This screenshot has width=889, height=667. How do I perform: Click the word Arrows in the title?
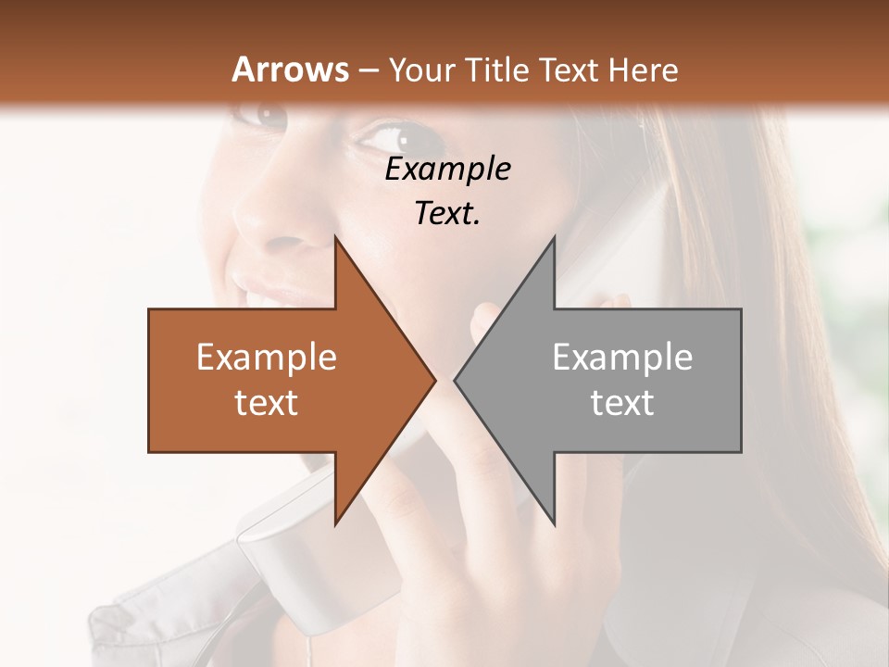click(x=290, y=70)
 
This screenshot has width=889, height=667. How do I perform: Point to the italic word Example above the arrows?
click(x=448, y=169)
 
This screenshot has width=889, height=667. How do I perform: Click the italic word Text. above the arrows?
click(x=448, y=213)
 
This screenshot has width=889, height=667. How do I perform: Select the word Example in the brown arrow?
click(x=266, y=358)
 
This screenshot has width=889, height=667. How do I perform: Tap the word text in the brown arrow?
click(x=266, y=403)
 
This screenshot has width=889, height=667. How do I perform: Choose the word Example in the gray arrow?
click(x=622, y=358)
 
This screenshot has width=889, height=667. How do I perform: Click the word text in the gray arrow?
click(x=622, y=403)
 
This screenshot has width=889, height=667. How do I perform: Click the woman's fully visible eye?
click(x=394, y=139)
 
